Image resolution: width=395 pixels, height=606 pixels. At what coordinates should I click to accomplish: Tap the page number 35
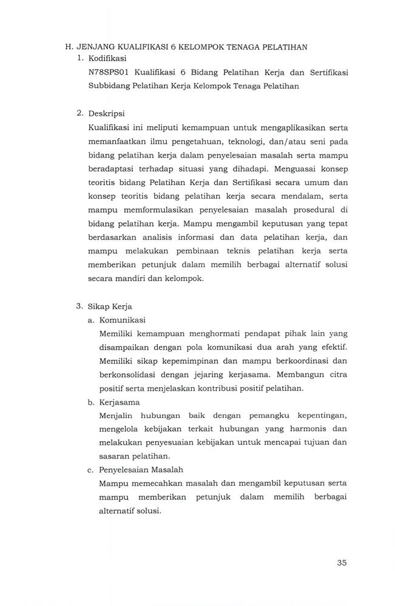[x=342, y=562]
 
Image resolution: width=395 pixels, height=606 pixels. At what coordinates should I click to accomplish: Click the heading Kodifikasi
[x=107, y=59]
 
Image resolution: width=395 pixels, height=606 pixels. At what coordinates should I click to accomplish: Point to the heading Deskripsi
[x=106, y=113]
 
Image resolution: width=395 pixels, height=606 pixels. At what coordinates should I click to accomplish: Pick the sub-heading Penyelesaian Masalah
[x=140, y=469]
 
